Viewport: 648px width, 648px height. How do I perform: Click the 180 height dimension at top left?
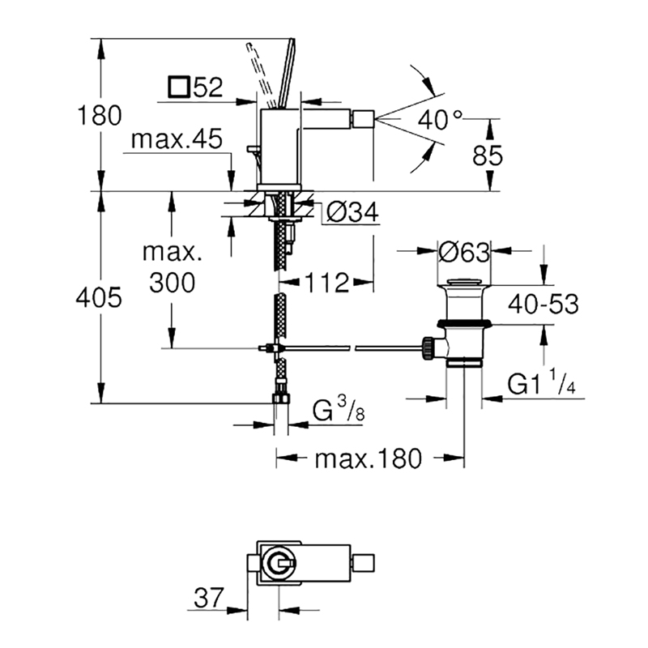click(x=100, y=115)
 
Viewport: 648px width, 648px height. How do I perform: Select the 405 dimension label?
click(x=99, y=297)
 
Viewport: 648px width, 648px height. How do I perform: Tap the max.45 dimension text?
click(x=177, y=139)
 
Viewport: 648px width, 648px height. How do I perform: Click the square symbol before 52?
click(x=179, y=87)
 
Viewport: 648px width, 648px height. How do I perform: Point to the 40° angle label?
click(x=439, y=120)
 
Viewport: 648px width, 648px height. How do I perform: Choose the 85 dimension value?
click(x=488, y=156)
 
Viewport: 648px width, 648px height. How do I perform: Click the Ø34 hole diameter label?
click(x=352, y=213)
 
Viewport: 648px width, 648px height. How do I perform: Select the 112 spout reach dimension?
click(x=326, y=283)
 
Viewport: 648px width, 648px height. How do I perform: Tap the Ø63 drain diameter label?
click(x=463, y=251)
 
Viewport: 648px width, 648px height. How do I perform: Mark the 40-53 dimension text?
click(x=543, y=305)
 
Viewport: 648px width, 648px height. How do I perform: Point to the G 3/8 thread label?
click(x=339, y=410)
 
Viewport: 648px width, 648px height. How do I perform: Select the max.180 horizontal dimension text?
click(x=369, y=458)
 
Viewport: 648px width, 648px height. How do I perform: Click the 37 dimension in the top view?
click(x=208, y=597)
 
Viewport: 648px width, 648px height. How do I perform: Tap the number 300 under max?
click(x=172, y=283)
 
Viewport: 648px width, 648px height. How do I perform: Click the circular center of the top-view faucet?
click(x=279, y=564)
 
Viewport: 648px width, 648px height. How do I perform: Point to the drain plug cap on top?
click(x=464, y=283)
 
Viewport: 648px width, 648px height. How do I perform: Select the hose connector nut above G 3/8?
click(x=281, y=399)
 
